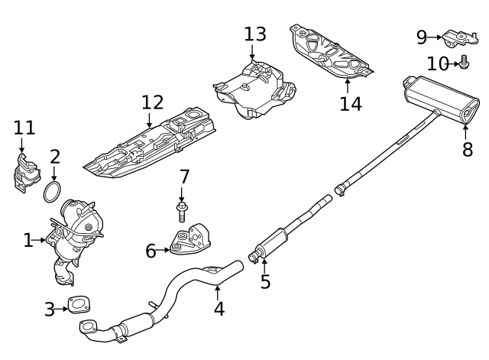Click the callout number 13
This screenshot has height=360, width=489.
pos(255,34)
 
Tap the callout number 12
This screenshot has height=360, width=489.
pos(152,102)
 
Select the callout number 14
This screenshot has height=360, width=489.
pos(351,103)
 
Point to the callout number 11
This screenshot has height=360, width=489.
pos(24,128)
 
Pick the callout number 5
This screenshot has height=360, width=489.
pos(265,282)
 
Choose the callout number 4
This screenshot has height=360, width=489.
pos(219,309)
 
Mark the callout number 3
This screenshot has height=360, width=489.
pos(50,310)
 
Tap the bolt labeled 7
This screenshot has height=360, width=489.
pos(183,210)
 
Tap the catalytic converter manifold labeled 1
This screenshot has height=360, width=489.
pos(75,233)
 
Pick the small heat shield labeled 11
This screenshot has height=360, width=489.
pos(24,173)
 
